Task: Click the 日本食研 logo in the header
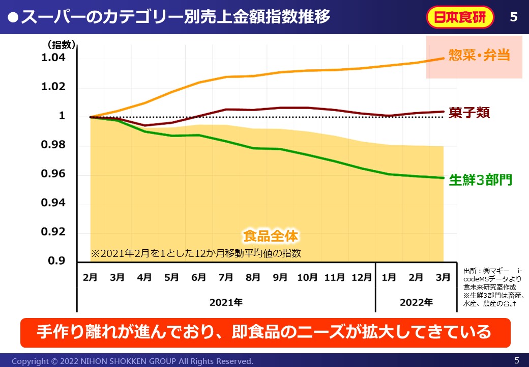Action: tap(460, 17)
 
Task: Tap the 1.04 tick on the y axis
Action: tap(53, 58)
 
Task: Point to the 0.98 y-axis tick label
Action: tap(53, 145)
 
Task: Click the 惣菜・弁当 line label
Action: tap(479, 55)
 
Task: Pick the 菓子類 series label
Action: tap(469, 113)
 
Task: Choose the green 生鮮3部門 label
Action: tap(480, 180)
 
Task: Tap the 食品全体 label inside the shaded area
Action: tap(271, 236)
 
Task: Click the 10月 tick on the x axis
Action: tap(307, 278)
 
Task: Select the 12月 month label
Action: tap(362, 278)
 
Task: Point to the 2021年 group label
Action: tap(226, 302)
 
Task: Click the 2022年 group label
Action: tap(416, 302)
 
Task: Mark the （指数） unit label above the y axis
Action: tap(61, 45)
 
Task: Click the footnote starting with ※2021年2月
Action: tap(196, 253)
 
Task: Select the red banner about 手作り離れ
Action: tap(264, 332)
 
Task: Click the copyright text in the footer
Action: tap(132, 361)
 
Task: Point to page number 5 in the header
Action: tap(513, 17)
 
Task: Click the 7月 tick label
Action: tap(226, 278)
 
